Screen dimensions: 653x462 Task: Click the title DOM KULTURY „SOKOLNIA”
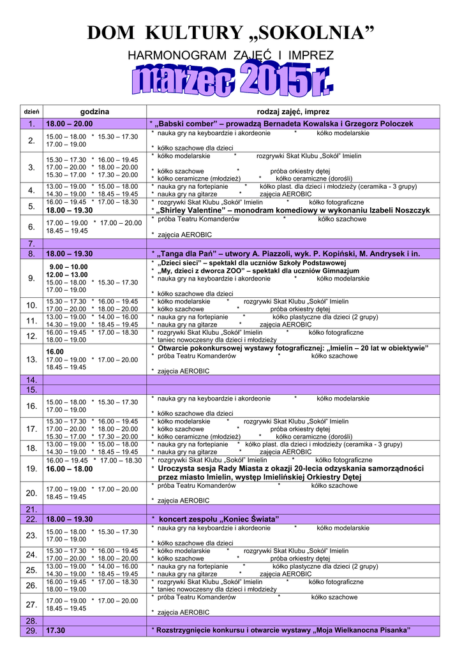(x=230, y=33)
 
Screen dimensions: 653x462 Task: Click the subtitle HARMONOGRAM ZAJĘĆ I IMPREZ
(x=230, y=56)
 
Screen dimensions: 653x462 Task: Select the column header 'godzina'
(x=94, y=112)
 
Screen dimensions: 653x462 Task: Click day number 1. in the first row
(x=31, y=124)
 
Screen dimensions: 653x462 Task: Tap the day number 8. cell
(x=31, y=254)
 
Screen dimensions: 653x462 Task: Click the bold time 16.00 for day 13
(x=55, y=351)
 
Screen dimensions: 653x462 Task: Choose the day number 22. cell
(x=31, y=519)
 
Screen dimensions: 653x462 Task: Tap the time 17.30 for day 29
(x=56, y=631)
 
